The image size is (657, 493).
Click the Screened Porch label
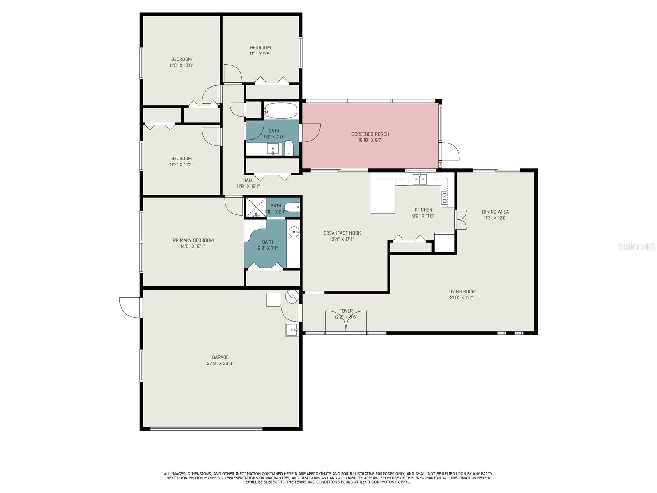[x=370, y=134]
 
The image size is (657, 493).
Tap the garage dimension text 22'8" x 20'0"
[x=220, y=363]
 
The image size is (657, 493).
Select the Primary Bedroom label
[x=193, y=240]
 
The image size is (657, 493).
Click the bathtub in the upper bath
[x=280, y=111]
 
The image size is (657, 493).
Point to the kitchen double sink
[x=420, y=179]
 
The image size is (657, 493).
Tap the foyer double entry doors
[x=346, y=321]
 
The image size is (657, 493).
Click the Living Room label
[x=462, y=291]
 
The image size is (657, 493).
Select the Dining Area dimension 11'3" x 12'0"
[x=495, y=218]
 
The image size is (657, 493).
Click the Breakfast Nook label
[x=342, y=233]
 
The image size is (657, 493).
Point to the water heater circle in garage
[x=292, y=296]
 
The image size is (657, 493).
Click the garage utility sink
[x=292, y=329]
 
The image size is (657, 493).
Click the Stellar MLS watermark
[x=637, y=246]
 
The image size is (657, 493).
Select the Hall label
[x=248, y=180]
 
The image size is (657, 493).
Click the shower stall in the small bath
[x=256, y=207]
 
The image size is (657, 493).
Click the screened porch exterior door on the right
[x=450, y=151]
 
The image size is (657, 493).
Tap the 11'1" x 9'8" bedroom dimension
[x=260, y=53]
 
